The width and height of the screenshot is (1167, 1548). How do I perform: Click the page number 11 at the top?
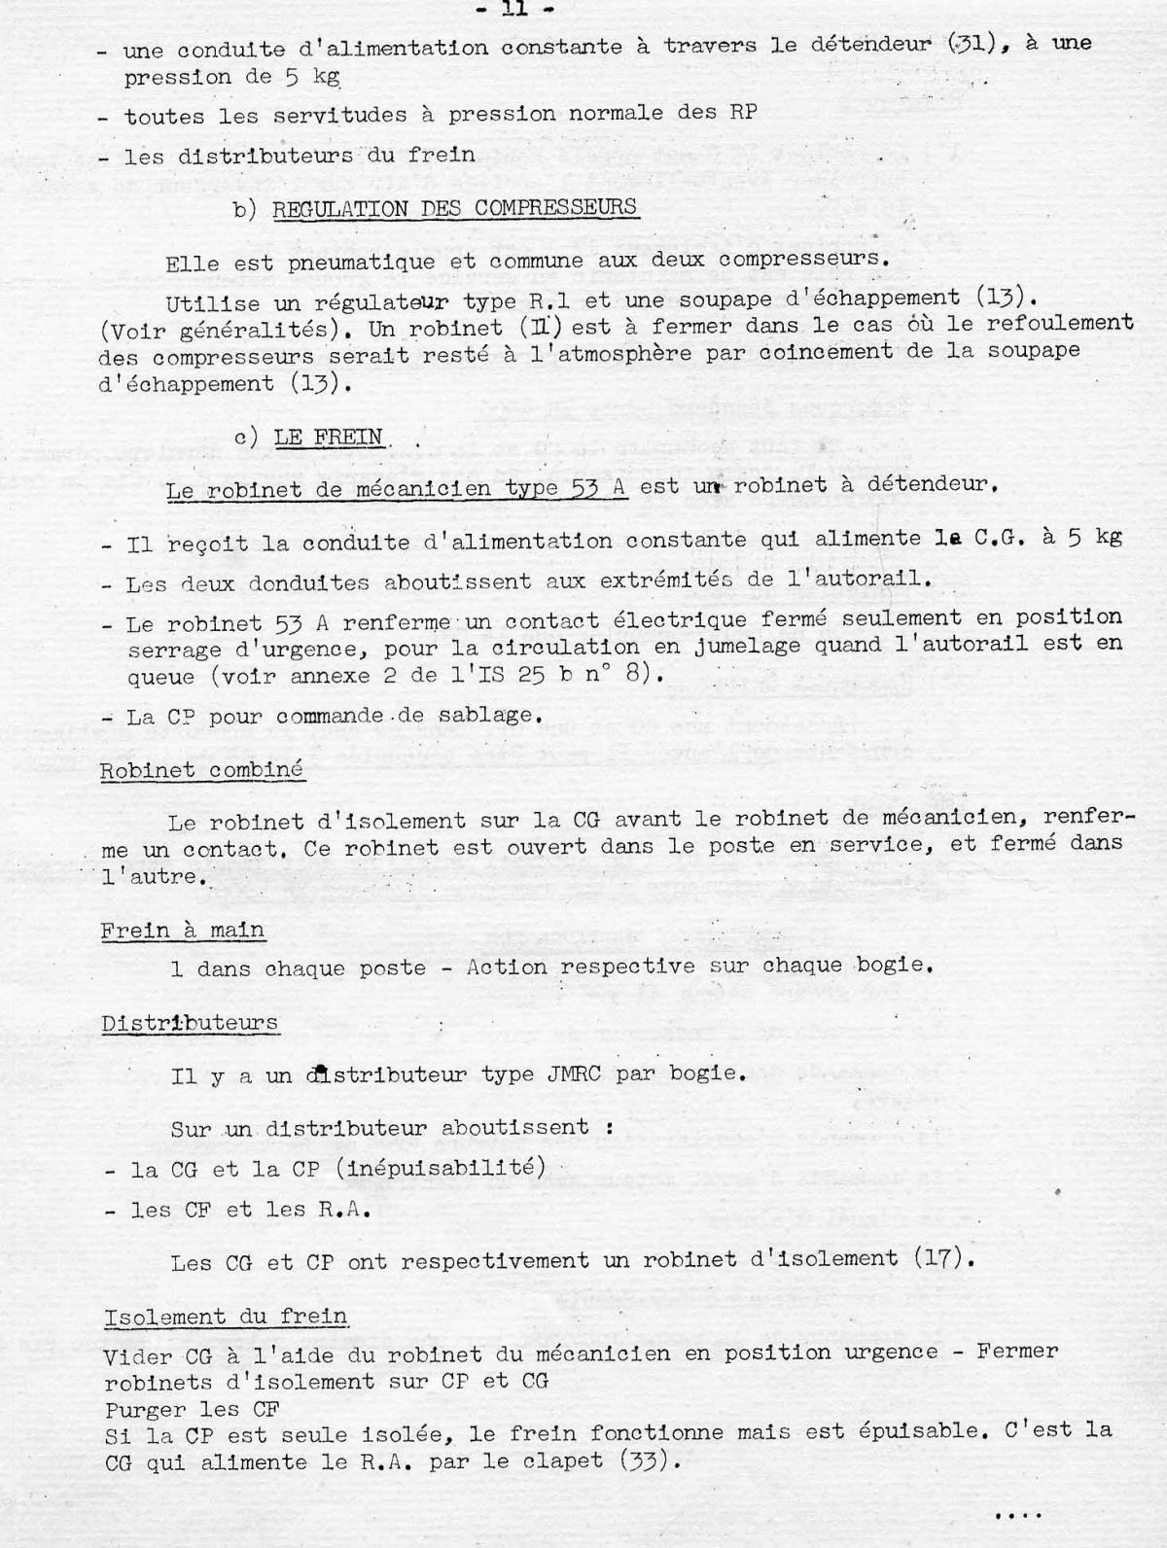coord(525,11)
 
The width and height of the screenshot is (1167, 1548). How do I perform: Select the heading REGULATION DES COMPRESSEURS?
coord(454,208)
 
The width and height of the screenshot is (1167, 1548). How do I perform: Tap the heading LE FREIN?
coord(328,438)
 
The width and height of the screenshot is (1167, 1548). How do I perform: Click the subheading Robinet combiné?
coord(201,770)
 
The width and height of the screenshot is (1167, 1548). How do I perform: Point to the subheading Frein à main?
coord(183,931)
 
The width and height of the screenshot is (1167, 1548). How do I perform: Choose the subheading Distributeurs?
coord(190,1023)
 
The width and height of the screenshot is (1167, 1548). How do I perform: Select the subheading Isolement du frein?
coord(226,1317)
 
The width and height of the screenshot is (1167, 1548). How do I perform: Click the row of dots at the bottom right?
coord(1018,1514)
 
